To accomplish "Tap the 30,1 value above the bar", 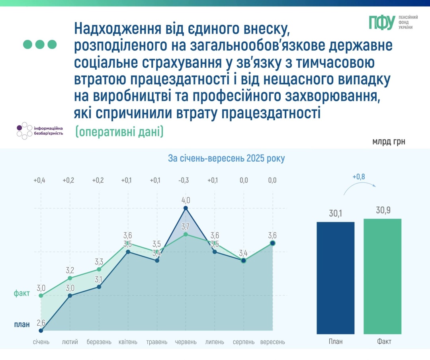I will point(336,213).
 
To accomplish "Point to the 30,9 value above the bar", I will point(383,210).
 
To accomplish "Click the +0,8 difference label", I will point(359,176).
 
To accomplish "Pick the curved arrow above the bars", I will point(359,187).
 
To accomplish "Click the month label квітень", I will point(128,342).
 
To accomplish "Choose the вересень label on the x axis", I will point(272,342).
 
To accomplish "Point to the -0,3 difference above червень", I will point(184,180).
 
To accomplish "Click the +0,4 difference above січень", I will point(39,180).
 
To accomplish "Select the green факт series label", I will point(21,294).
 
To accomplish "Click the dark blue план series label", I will point(21,325).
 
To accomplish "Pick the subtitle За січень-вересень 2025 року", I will point(226,158).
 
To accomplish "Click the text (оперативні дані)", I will point(119,132).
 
